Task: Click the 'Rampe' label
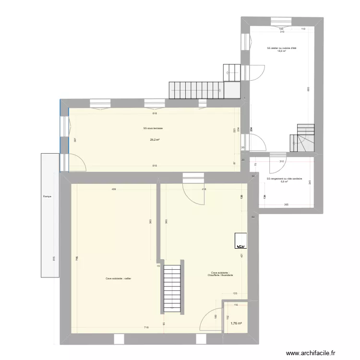[47, 196]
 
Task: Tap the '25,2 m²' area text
[155, 140]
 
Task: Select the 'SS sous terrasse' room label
[153, 128]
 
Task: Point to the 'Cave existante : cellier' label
[118, 278]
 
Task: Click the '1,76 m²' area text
[235, 323]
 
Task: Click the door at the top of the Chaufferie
[193, 190]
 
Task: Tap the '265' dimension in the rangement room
[286, 205]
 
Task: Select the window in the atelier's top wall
[281, 22]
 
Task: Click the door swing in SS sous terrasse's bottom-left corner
[78, 163]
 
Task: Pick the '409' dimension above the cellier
[114, 189]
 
